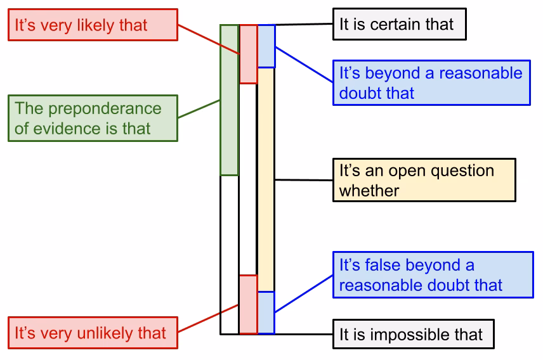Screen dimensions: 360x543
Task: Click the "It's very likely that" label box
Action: pos(93,25)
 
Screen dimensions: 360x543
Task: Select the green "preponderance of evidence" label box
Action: pos(93,119)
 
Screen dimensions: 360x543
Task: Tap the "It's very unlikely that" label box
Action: pos(93,333)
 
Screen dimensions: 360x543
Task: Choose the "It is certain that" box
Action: pos(399,25)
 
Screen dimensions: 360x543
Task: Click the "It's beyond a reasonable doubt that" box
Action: pos(431,83)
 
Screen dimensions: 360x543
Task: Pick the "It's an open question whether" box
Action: pos(424,180)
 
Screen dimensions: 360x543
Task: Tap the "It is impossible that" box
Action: pos(413,334)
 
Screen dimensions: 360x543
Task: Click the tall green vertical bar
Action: pos(229,100)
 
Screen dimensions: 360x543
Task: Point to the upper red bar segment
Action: pos(248,54)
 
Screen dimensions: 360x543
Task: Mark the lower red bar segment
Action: pos(248,304)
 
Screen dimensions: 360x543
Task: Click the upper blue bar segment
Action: pos(266,46)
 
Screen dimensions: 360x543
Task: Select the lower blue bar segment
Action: pos(266,312)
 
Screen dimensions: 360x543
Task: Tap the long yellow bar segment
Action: pos(266,179)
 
